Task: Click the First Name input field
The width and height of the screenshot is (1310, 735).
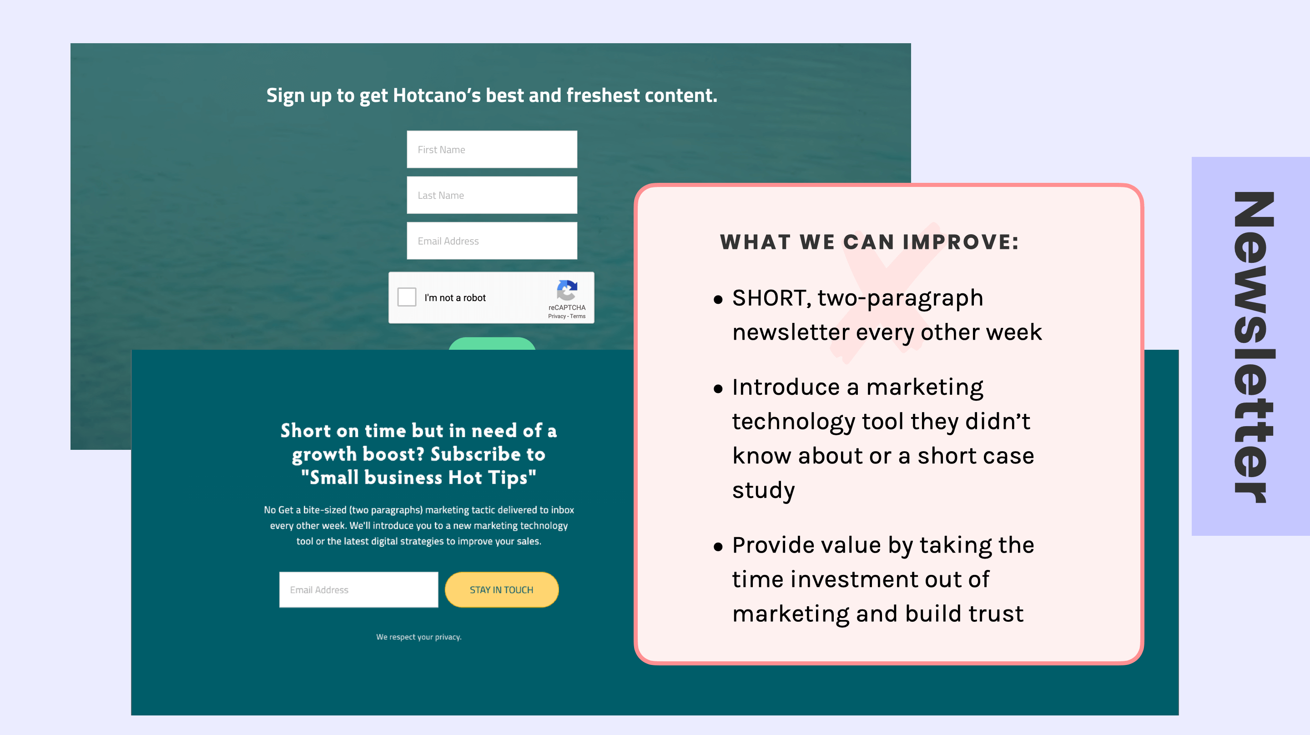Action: (492, 150)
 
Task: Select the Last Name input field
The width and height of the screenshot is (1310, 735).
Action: (492, 195)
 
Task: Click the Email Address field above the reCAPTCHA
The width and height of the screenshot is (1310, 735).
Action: (492, 241)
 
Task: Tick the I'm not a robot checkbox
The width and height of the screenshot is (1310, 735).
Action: (407, 297)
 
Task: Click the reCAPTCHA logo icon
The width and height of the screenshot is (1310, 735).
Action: (567, 291)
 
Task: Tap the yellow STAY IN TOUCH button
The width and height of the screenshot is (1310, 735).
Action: (501, 589)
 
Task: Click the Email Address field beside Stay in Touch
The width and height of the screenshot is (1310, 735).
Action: (358, 589)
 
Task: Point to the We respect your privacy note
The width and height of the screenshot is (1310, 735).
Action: (418, 637)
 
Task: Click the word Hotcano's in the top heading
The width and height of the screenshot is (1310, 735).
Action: (436, 96)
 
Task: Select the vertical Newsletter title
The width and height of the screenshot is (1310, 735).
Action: (1254, 347)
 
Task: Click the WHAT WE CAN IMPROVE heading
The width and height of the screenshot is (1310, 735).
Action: (870, 242)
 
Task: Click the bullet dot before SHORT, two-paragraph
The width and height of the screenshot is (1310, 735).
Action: (718, 300)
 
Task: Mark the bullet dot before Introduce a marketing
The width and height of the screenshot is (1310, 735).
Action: (718, 389)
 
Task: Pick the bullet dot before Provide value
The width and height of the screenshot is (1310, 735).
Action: (718, 547)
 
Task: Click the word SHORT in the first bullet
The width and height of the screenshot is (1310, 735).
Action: (768, 298)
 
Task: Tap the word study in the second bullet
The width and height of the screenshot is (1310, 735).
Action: (763, 490)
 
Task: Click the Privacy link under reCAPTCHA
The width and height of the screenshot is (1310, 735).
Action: (556, 317)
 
